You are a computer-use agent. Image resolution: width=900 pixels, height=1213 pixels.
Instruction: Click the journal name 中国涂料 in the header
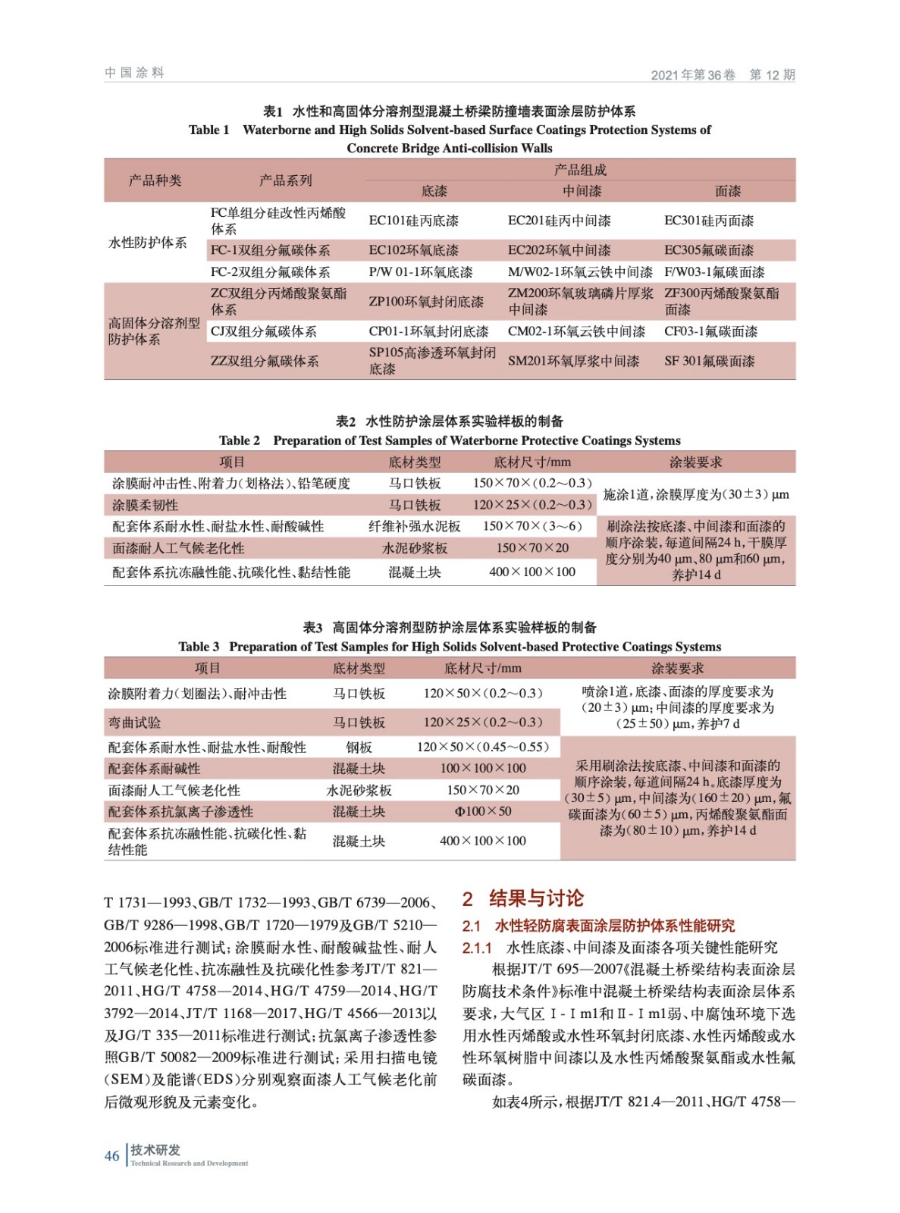pyautogui.click(x=134, y=73)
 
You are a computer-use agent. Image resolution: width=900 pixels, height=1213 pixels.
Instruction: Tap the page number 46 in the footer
pyautogui.click(x=111, y=1155)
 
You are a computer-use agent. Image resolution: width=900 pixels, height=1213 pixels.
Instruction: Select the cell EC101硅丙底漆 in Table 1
pyautogui.click(x=413, y=221)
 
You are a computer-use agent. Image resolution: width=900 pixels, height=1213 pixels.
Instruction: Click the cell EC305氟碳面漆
pyautogui.click(x=708, y=250)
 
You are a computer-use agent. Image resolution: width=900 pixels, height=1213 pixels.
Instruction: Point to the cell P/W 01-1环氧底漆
pyautogui.click(x=420, y=272)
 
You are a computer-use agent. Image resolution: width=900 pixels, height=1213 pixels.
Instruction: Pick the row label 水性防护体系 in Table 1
pyautogui.click(x=148, y=243)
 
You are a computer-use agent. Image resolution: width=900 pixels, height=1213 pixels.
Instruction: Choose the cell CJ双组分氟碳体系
pyautogui.click(x=263, y=331)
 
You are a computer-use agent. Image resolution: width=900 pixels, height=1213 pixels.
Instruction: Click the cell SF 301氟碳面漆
pyautogui.click(x=709, y=361)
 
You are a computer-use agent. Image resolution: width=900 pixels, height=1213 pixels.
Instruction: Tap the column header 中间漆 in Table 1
pyautogui.click(x=582, y=191)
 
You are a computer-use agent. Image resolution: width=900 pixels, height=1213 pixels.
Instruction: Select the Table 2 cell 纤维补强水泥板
pyautogui.click(x=414, y=526)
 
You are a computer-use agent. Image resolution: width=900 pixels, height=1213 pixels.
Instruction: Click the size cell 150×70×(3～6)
pyautogui.click(x=532, y=526)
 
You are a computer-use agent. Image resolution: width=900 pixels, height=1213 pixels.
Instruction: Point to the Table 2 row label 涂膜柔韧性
pyautogui.click(x=145, y=505)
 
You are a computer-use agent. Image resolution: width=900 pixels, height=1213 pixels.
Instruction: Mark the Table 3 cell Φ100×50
pyautogui.click(x=482, y=811)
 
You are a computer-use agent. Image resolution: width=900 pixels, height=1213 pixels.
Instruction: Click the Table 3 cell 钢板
pyautogui.click(x=359, y=747)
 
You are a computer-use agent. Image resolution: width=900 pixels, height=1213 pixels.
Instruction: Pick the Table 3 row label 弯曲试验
pyautogui.click(x=134, y=722)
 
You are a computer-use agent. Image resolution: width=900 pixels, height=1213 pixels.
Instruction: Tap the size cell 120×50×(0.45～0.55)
pyautogui.click(x=482, y=747)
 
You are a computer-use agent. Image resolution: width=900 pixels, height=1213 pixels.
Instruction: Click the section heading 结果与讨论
pyautogui.click(x=536, y=898)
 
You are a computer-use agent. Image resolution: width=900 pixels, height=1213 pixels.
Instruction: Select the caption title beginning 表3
pyautogui.click(x=450, y=627)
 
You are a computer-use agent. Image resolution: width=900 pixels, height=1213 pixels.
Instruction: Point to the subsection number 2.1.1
pyautogui.click(x=477, y=948)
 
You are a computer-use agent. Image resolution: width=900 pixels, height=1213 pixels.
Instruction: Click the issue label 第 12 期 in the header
pyautogui.click(x=772, y=74)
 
